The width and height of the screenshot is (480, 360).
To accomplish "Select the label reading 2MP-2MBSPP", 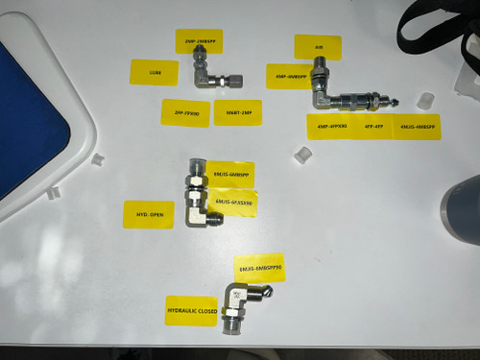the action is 199,42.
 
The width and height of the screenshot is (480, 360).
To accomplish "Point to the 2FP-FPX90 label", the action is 186,112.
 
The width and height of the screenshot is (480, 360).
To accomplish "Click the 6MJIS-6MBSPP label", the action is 229,174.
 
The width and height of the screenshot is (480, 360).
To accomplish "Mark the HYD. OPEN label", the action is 150,215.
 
